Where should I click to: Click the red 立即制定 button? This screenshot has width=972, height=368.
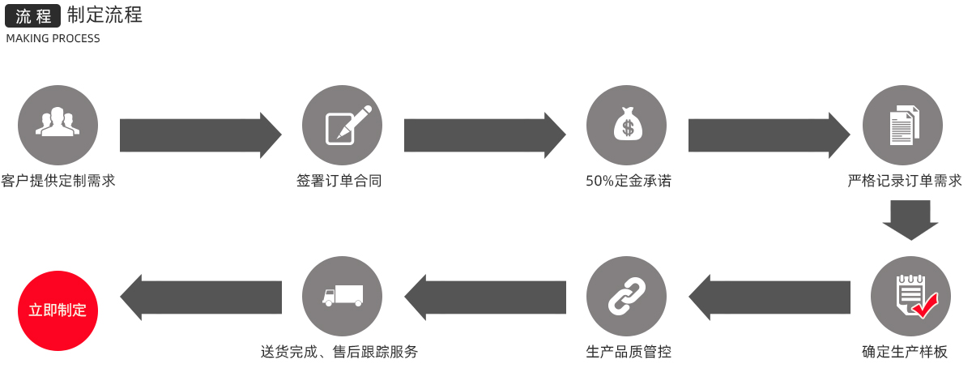point(58,310)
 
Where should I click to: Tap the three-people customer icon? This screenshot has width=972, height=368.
point(58,126)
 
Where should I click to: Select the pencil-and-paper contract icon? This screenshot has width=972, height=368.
point(342,126)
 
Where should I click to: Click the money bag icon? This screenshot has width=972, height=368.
point(626,126)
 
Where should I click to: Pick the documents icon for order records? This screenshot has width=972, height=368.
point(902,126)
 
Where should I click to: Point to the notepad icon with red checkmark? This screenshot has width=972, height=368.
point(910,296)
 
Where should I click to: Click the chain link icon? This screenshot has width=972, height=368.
point(626,296)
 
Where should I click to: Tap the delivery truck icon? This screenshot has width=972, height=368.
point(342,296)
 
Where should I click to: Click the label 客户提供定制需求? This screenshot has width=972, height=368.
point(58,181)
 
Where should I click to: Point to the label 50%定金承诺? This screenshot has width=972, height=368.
point(628,181)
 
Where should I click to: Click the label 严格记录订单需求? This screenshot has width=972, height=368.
point(905,181)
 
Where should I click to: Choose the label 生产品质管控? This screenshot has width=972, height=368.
point(628,352)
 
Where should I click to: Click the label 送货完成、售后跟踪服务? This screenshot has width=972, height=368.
point(339,352)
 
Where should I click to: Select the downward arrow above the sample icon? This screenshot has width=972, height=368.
point(910,220)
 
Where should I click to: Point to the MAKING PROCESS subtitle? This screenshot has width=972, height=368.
point(53,38)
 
